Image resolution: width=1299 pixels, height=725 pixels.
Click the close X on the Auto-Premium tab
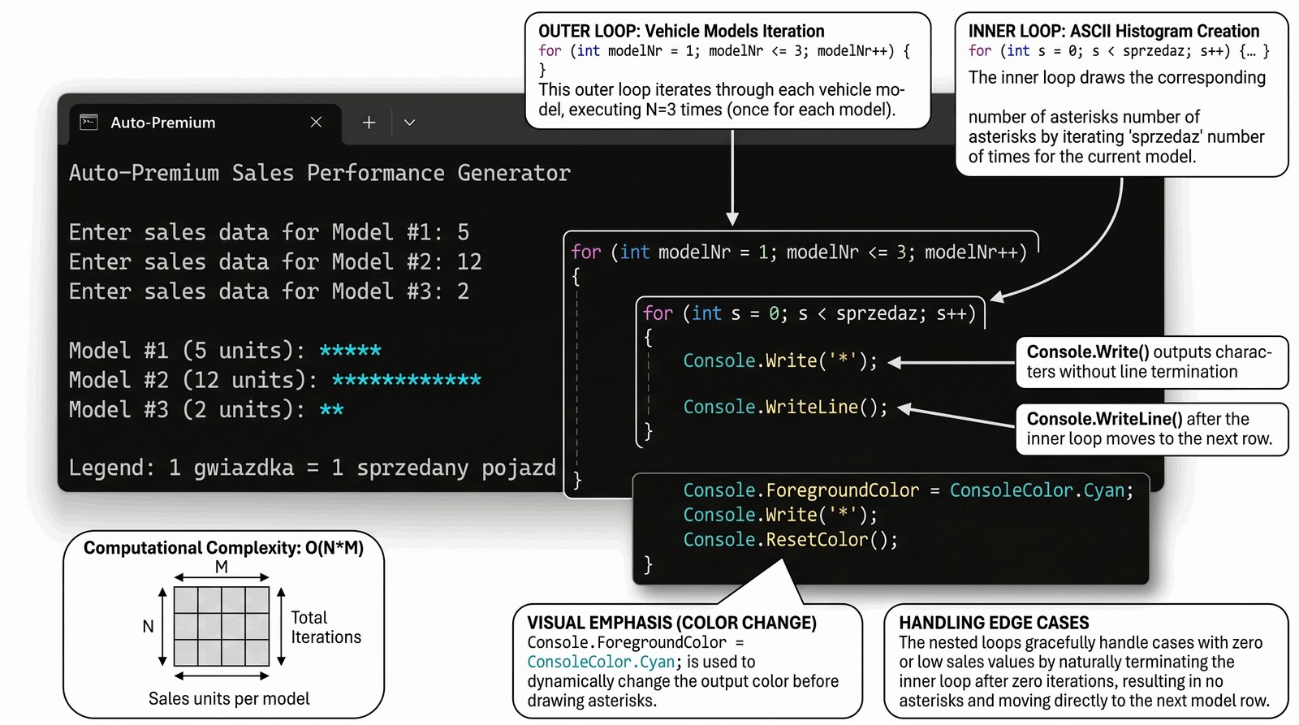[x=316, y=123]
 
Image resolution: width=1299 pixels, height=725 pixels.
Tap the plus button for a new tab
[x=369, y=123]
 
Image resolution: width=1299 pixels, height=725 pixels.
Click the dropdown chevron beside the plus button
[x=410, y=123]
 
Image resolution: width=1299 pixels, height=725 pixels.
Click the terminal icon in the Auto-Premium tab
[x=88, y=123]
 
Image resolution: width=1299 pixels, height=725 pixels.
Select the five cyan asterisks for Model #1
[x=350, y=351]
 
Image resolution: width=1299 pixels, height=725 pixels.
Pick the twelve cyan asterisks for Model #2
[x=406, y=380]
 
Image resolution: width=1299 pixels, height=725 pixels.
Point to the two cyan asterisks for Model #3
[x=331, y=410]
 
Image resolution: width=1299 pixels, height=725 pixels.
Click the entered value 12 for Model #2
[x=469, y=262]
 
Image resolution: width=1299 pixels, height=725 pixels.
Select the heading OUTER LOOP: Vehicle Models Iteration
[x=681, y=32]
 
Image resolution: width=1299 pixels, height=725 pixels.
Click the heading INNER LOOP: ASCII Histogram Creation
[x=1113, y=32]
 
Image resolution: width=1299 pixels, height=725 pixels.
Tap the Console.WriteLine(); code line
[x=785, y=408]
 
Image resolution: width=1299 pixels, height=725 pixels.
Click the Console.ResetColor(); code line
[x=790, y=540]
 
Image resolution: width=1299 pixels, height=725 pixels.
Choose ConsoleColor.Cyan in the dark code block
[x=1037, y=490]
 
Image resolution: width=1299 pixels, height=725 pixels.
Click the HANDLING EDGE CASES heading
[x=994, y=623]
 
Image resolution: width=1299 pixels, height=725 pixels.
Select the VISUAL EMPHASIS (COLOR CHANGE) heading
[x=671, y=623]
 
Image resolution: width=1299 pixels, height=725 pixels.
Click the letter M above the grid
[x=222, y=567]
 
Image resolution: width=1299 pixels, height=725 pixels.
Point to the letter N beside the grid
[x=148, y=627]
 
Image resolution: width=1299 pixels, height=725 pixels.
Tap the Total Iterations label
[x=326, y=628]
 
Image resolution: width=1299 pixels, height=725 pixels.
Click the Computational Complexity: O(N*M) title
[x=223, y=548]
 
